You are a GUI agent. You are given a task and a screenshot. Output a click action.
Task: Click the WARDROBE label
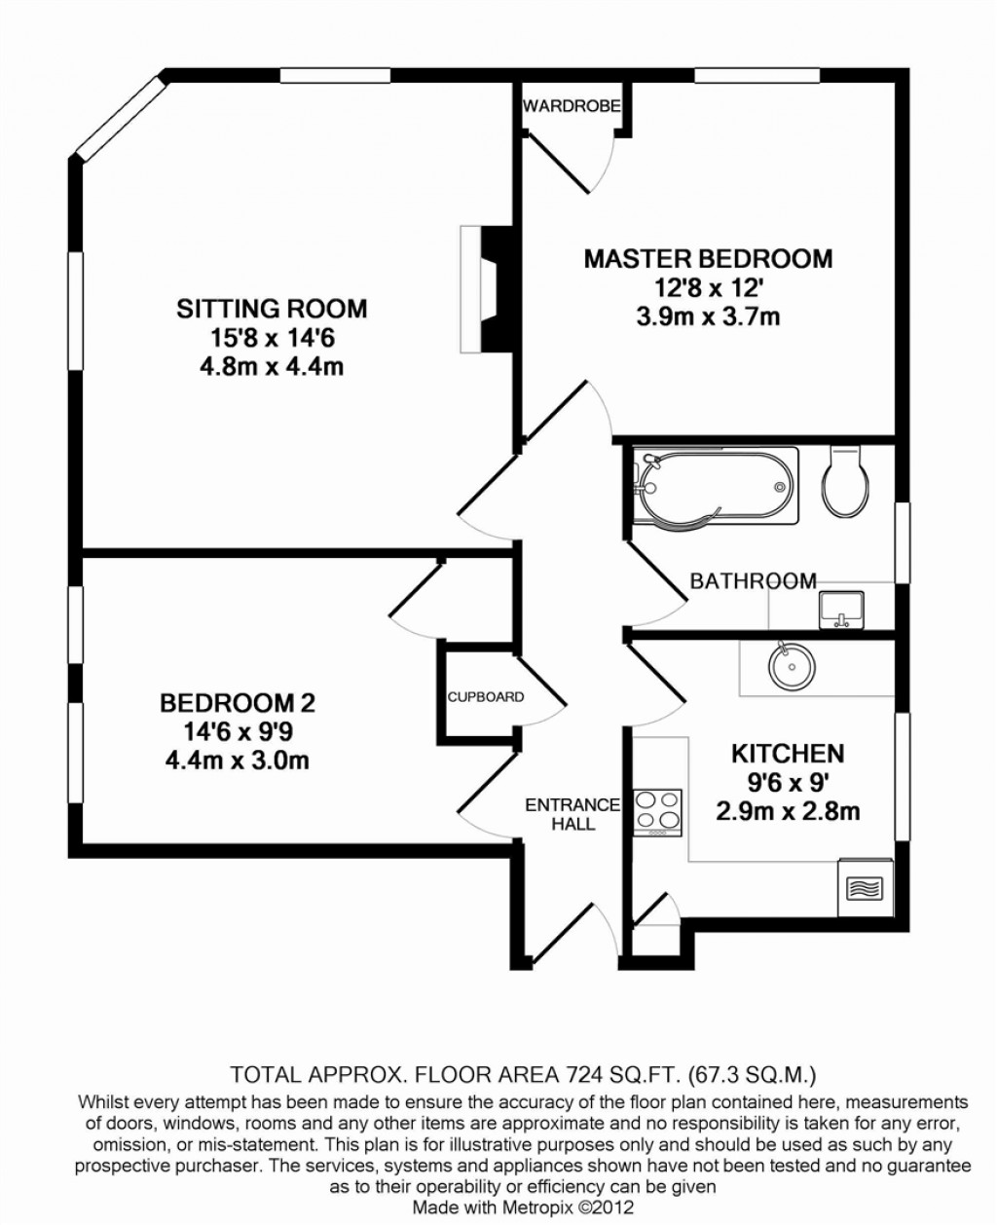(571, 106)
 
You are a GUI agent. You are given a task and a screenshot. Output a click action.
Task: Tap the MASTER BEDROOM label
(708, 259)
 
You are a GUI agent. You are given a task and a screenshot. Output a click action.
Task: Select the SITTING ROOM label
(272, 309)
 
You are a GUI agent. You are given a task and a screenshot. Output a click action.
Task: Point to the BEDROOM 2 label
(237, 702)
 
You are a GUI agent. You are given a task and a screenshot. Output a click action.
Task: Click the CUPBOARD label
(485, 697)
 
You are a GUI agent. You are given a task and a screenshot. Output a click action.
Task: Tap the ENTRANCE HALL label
(572, 814)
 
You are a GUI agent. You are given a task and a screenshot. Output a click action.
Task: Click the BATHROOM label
(753, 581)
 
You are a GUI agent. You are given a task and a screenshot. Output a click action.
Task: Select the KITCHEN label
(788, 753)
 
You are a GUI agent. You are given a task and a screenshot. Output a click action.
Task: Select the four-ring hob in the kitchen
(658, 812)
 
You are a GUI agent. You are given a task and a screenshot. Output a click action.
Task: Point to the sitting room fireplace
(487, 289)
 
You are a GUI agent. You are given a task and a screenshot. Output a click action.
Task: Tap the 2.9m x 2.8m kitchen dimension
(788, 811)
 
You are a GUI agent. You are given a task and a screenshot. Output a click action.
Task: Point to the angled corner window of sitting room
(121, 118)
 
